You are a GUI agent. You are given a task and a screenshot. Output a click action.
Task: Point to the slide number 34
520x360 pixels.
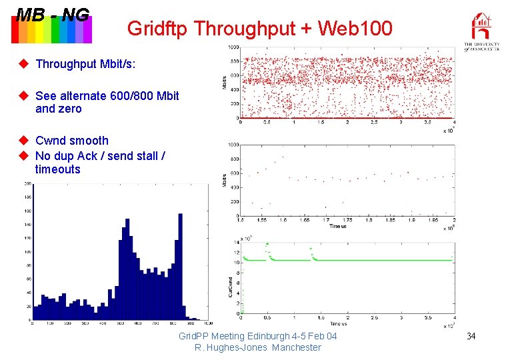(x=471, y=335)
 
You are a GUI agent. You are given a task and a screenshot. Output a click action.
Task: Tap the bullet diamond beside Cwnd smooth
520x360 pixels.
(x=23, y=140)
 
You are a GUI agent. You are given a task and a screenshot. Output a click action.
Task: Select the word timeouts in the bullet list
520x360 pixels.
(x=57, y=169)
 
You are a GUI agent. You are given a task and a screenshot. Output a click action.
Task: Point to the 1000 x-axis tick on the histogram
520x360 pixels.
(x=206, y=324)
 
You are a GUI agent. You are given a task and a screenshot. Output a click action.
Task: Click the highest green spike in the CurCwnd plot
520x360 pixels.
(x=267, y=244)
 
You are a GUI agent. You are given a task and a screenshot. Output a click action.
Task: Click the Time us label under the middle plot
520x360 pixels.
(x=337, y=226)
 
